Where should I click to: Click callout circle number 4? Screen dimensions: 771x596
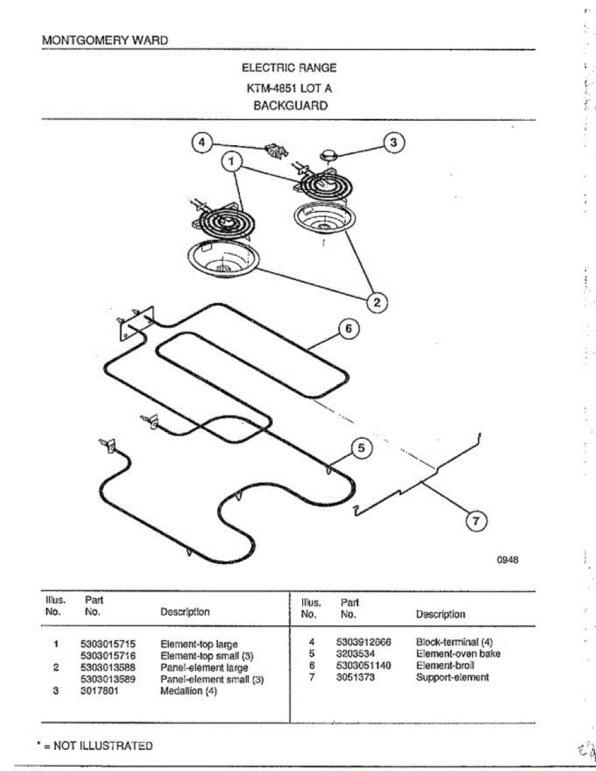[203, 143]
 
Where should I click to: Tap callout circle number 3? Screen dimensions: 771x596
[394, 143]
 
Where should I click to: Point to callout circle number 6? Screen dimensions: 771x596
[348, 329]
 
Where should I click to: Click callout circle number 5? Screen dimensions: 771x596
[362, 448]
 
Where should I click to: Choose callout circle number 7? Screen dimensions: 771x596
[476, 522]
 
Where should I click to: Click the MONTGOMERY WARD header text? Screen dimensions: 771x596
[105, 40]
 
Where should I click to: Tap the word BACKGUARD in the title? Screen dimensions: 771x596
[290, 106]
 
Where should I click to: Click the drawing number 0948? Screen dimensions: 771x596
[507, 560]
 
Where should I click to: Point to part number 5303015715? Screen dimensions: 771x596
[108, 644]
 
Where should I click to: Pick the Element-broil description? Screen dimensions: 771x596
[445, 666]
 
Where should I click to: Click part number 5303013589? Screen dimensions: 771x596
[108, 679]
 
